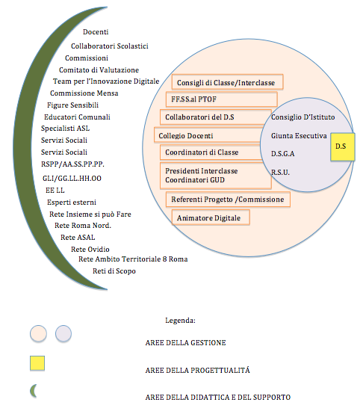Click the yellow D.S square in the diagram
343,146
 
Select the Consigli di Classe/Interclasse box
227,82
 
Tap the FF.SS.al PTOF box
222,99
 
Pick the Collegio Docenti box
208,135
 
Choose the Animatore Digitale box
211,217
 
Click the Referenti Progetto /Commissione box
228,200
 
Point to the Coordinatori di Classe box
211,152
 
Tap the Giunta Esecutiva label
299,135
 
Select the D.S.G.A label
282,154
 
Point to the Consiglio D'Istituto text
302,117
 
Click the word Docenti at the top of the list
96,32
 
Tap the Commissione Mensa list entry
84,93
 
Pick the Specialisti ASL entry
66,129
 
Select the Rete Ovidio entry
90,249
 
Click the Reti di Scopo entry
114,271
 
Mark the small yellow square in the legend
37,363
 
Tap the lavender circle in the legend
63,333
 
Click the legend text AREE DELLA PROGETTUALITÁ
197,370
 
